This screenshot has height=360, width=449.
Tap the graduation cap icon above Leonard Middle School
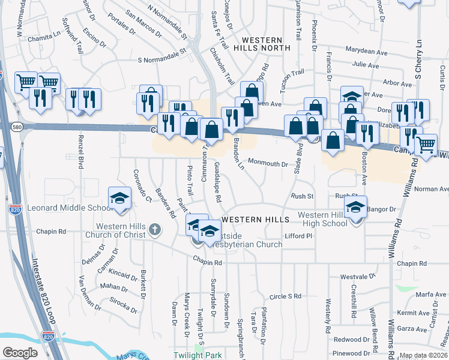[119, 198]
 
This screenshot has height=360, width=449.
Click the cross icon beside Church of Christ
[155, 229]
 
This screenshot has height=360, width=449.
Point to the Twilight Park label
[197, 355]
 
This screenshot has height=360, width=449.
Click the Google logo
[20, 353]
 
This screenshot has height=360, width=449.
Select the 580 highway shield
[16, 126]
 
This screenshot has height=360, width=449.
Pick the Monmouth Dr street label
[268, 163]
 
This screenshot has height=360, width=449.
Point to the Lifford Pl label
[299, 236]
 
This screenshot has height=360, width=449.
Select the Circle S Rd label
[285, 296]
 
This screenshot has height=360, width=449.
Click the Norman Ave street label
[431, 189]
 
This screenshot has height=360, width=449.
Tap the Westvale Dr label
[358, 277]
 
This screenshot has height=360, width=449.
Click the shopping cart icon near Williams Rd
[426, 144]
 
